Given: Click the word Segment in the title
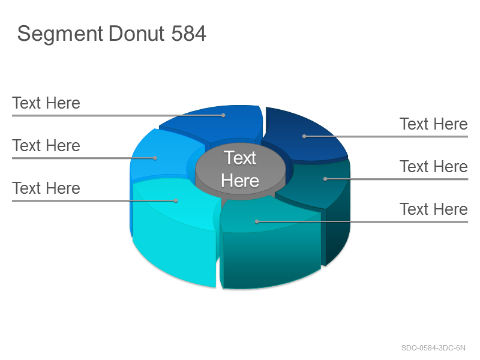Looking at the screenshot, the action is point(60,34).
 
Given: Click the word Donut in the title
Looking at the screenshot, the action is point(137,33).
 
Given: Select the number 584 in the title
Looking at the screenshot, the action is point(188,33).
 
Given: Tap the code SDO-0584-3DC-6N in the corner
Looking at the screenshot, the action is point(433,348).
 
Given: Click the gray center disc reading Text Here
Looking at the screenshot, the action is point(241,169).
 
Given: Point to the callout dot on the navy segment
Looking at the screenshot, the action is point(304,136).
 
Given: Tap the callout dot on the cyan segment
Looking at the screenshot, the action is point(176,200).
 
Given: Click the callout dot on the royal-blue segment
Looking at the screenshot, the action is point(223,115).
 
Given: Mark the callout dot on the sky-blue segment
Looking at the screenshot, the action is point(155,158).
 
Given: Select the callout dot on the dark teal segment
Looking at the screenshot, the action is point(325,179).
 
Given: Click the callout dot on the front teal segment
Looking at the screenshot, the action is point(257,221).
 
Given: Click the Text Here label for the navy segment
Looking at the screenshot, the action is point(433,124).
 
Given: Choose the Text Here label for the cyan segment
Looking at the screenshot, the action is point(46,188).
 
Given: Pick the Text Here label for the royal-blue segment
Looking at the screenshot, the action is point(46,103).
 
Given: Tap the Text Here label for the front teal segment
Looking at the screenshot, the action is point(433,209).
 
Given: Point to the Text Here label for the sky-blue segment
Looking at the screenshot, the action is point(46,145).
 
